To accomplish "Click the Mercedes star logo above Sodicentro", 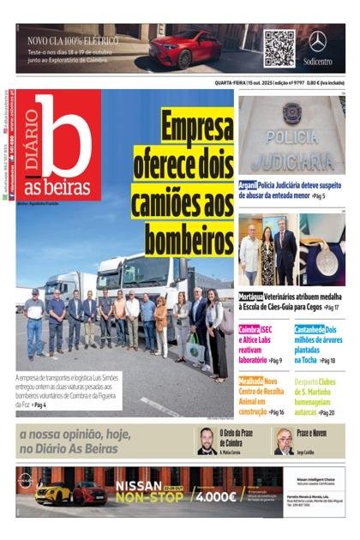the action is [318, 40].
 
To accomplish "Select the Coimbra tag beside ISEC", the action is [249, 329].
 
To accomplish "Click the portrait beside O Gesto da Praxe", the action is [207, 441].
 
